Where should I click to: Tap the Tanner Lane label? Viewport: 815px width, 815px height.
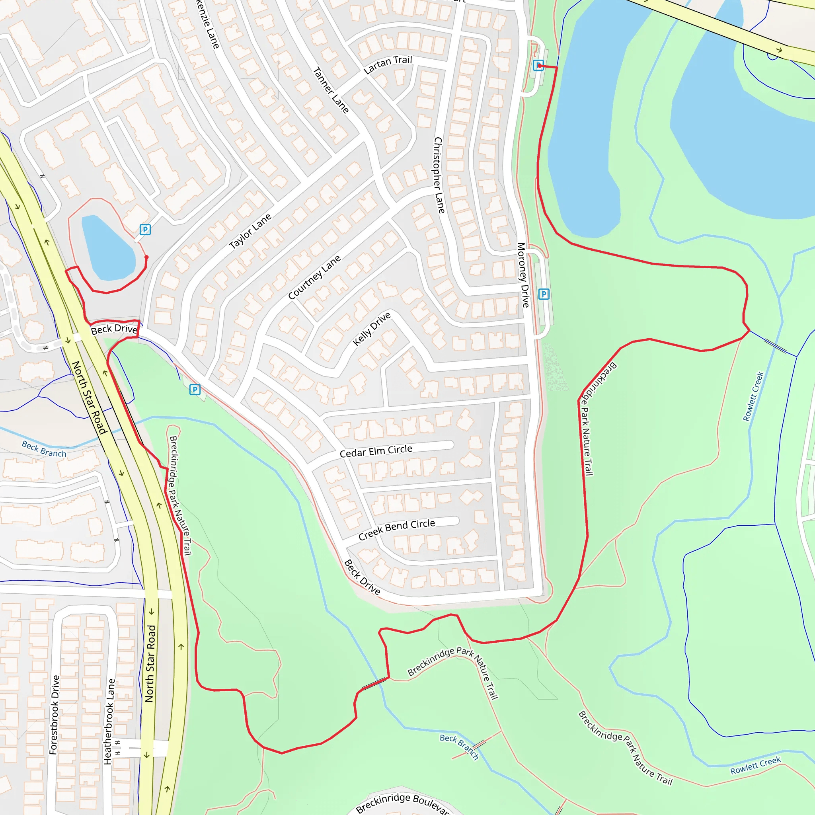[331, 90]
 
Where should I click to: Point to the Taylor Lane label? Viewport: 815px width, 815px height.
[250, 231]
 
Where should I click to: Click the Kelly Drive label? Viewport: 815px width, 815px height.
[372, 329]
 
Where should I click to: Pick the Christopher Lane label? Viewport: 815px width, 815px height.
[439, 175]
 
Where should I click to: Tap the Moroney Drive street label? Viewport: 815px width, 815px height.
[523, 275]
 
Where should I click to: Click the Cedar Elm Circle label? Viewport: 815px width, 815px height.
[376, 451]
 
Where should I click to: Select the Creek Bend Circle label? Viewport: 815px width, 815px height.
[396, 529]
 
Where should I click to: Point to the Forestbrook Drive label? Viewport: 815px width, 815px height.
[54, 715]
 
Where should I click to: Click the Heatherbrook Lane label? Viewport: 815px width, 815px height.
[109, 721]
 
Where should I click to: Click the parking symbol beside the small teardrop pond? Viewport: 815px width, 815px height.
[145, 230]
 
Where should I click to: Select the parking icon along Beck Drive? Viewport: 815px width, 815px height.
[195, 389]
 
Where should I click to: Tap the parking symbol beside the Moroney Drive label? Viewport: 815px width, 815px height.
[544, 294]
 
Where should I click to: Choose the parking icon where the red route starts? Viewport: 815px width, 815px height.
[538, 65]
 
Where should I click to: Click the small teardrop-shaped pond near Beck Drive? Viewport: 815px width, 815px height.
[107, 248]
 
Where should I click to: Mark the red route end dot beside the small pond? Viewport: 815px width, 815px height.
[146, 257]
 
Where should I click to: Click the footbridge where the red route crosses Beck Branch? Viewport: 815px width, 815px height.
[374, 684]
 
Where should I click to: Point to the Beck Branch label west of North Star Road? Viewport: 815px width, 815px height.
[44, 449]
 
